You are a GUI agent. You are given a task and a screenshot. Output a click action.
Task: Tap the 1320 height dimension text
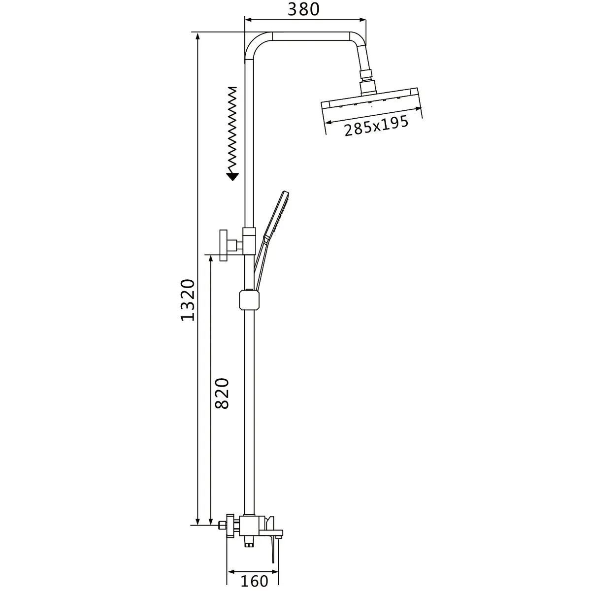click(x=188, y=300)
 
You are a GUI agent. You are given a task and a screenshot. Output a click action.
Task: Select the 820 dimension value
click(x=222, y=394)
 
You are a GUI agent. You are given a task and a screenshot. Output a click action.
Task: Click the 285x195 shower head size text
click(x=376, y=126)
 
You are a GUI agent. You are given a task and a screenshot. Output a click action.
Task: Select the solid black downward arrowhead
click(x=232, y=176)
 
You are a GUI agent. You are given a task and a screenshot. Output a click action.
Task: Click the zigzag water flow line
click(x=233, y=130)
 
